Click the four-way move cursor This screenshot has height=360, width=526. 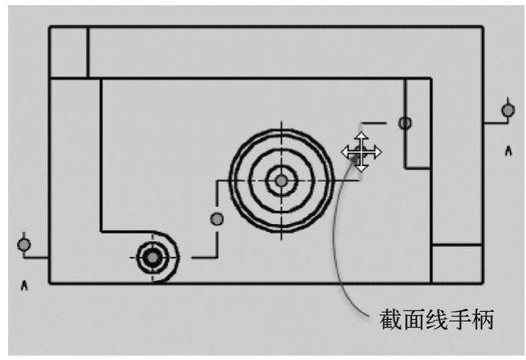click(361, 152)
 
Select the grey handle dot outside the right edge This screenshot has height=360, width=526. click(508, 110)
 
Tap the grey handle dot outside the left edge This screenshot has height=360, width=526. click(24, 244)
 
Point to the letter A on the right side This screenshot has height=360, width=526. click(508, 151)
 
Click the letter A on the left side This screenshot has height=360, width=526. click(24, 285)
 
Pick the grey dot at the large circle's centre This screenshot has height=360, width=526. click(281, 180)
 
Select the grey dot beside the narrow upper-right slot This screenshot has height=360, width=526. click(405, 123)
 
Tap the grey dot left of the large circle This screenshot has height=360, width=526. click(217, 218)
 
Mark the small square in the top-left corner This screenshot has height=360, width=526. click(68, 52)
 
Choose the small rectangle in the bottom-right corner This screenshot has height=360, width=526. click(456, 263)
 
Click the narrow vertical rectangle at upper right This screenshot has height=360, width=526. click(418, 123)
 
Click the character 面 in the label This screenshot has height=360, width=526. click(414, 321)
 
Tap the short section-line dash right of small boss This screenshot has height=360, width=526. click(201, 257)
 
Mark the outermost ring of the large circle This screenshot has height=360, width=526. click(281, 130)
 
